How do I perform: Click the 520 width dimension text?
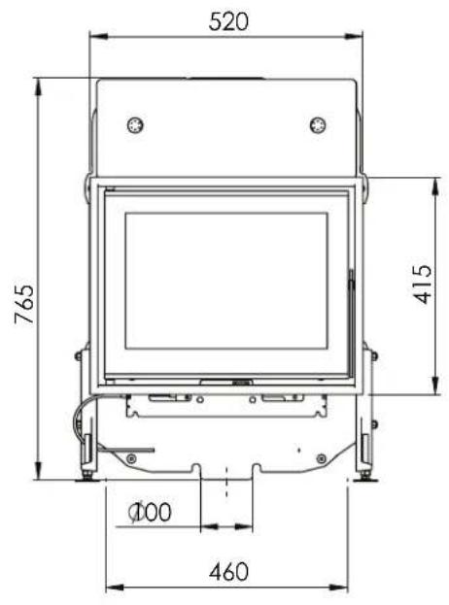tap(227, 20)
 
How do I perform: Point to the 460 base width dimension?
tap(227, 570)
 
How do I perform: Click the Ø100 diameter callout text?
tap(152, 512)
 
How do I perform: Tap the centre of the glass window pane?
tap(227, 282)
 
